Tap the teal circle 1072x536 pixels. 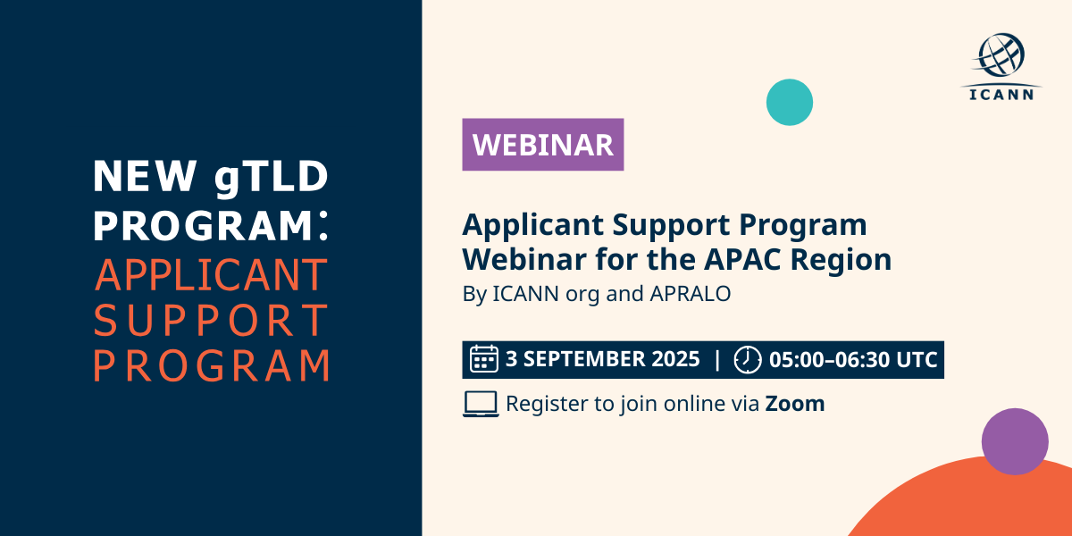pos(790,103)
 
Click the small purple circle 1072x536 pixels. pos(1015,441)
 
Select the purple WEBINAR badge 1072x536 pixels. pos(543,145)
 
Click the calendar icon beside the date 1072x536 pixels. pos(484,358)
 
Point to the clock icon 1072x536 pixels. pos(748,359)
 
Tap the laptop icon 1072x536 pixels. pos(481,404)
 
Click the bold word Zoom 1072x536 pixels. pos(795,404)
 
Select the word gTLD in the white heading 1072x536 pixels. pos(272,178)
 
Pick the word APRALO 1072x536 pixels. pos(690,293)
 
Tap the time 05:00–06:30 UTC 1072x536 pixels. pos(853,360)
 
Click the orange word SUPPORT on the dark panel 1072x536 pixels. pos(211,320)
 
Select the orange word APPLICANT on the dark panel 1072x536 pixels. pos(211,275)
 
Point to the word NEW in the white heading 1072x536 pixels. pos(145,176)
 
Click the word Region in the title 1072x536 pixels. pos(841,260)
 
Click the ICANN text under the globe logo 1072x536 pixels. pos(1001,95)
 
